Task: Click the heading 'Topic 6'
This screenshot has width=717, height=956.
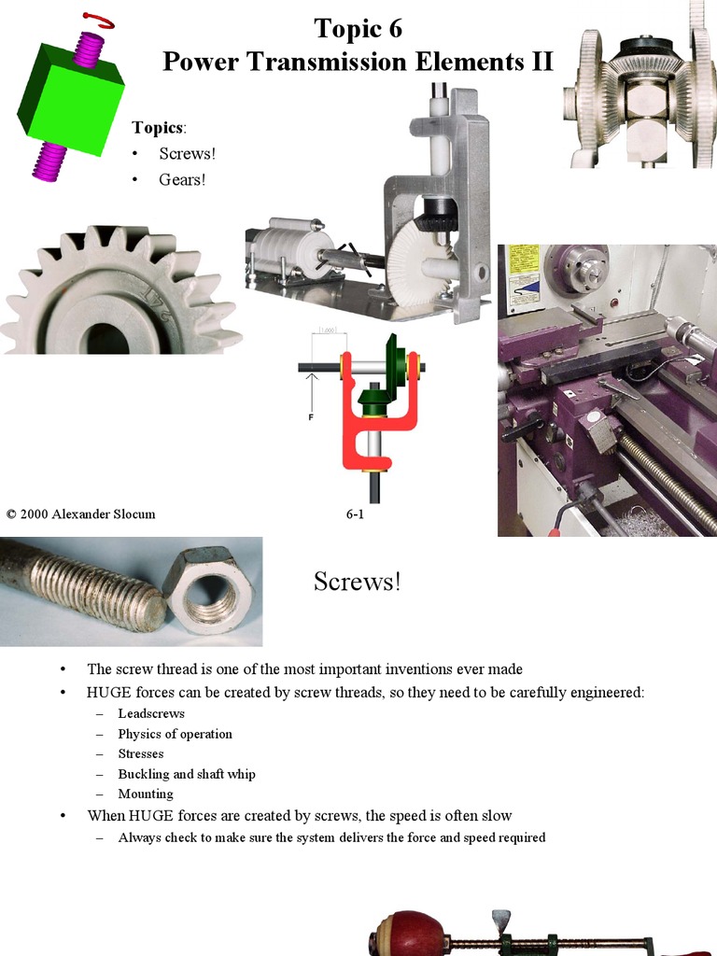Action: point(358,29)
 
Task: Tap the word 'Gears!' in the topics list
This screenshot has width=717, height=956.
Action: point(181,179)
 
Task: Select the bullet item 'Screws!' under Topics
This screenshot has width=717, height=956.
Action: point(187,153)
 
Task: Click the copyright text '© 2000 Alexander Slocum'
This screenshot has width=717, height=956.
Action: point(80,513)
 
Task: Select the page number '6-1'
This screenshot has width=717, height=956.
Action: point(355,513)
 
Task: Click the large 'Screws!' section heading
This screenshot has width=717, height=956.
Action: point(358,582)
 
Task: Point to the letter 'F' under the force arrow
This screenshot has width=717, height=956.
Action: point(311,417)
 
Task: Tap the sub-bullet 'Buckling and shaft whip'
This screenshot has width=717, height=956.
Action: point(186,774)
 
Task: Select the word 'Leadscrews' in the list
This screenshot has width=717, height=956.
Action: point(151,713)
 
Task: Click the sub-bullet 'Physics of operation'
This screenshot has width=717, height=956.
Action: point(175,734)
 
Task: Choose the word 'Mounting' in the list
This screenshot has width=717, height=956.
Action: point(146,794)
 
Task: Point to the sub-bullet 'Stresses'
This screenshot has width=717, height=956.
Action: point(141,753)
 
